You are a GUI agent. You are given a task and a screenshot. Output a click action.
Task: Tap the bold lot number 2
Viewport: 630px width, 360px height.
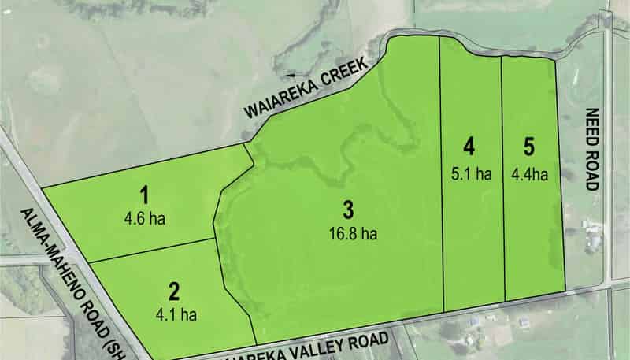(x=174, y=291)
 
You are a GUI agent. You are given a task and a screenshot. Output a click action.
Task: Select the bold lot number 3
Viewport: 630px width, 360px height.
(x=348, y=210)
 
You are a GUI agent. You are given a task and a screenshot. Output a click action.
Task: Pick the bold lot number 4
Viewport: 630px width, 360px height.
(x=469, y=147)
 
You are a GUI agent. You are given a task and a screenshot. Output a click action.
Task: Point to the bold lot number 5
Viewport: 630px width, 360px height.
(x=529, y=147)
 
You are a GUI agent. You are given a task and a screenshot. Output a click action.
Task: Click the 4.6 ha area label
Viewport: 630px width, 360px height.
(x=144, y=217)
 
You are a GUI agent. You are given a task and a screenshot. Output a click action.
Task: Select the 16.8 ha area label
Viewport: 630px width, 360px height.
(x=348, y=234)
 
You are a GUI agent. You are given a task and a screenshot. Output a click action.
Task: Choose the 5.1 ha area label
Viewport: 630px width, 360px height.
(x=472, y=174)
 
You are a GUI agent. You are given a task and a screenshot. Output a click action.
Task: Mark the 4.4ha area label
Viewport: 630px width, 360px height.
(x=529, y=174)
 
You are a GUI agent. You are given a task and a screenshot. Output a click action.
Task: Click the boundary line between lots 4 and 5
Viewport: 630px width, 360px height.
(x=502, y=181)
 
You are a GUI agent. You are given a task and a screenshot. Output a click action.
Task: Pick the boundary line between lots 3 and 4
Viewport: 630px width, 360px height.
(x=442, y=181)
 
